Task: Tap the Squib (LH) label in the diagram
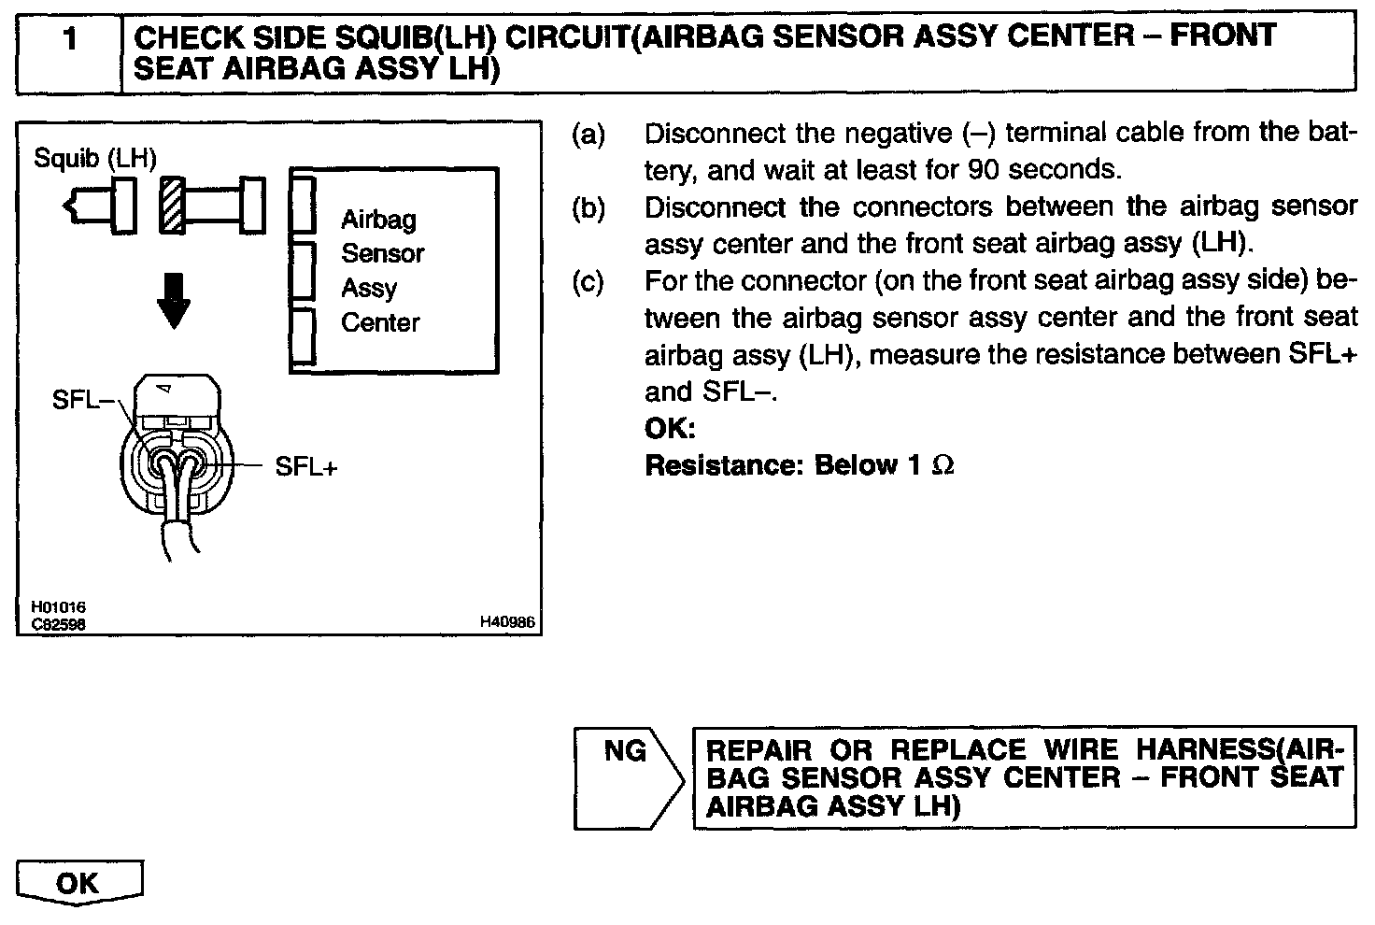coord(95,158)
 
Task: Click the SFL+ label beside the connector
coord(305,466)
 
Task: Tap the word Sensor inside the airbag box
coord(382,254)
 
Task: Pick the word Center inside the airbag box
coord(380,323)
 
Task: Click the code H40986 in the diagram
coord(507,621)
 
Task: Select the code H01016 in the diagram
coord(58,608)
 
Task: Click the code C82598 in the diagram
coord(58,624)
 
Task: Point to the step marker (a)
coord(588,135)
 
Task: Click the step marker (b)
coord(588,207)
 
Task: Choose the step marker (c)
coord(588,281)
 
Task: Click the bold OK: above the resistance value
coord(670,429)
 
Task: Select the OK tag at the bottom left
coord(78,883)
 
